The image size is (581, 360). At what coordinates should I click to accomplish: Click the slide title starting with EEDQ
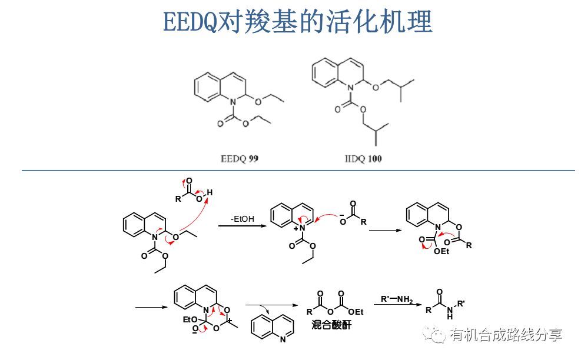pos(297,22)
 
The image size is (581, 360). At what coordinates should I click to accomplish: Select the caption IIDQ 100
pos(363,159)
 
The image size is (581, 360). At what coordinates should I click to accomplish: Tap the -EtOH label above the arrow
pos(243,219)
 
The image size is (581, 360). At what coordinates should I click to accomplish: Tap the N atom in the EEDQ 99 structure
pos(232,102)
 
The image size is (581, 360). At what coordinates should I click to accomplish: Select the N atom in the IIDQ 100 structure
pos(350,88)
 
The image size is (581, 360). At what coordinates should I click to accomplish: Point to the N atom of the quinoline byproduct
pos(284,340)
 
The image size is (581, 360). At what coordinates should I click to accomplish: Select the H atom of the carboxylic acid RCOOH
pos(210,193)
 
